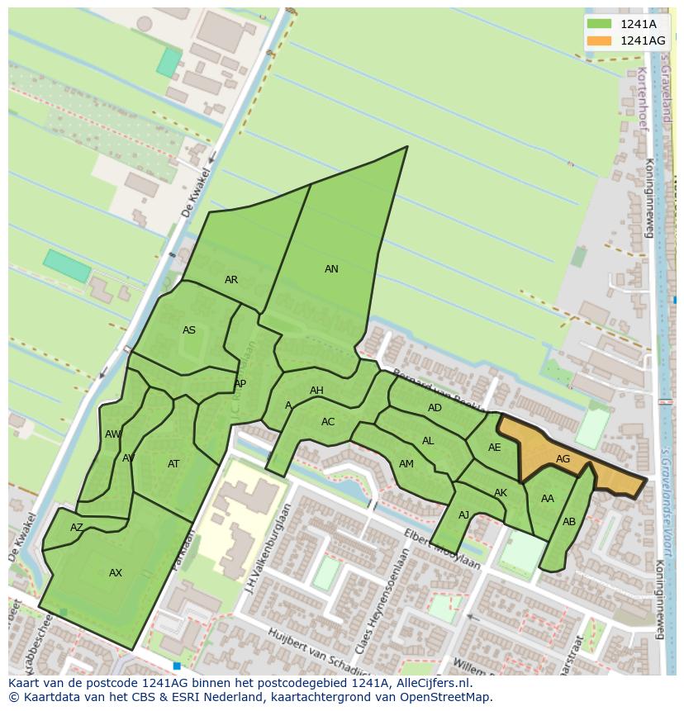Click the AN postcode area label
(x=331, y=269)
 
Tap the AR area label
(x=231, y=280)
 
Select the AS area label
(x=189, y=330)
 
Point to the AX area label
(x=116, y=573)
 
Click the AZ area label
(x=77, y=528)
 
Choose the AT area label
(x=173, y=464)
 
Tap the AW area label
(x=112, y=434)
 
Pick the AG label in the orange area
(x=563, y=459)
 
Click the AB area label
(x=568, y=522)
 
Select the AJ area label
(x=463, y=515)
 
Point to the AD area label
(x=435, y=408)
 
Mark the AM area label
(x=406, y=464)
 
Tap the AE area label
(x=494, y=448)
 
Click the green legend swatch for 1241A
(x=600, y=24)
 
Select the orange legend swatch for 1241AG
(x=600, y=40)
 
